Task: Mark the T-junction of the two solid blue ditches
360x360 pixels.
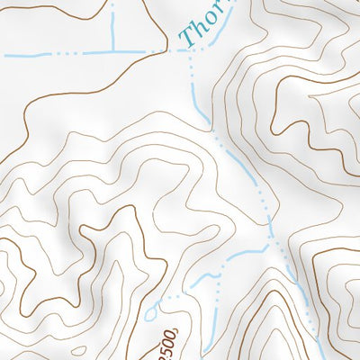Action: click(113, 51)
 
